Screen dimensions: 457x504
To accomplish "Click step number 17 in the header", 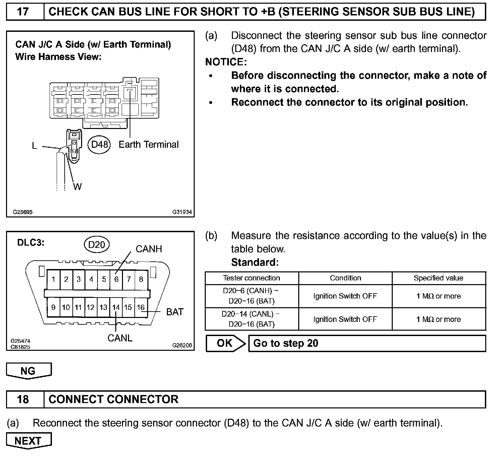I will click(x=23, y=12).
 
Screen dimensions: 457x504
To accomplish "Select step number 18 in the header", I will click(x=23, y=399).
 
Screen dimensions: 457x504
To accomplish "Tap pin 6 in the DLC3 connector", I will click(x=116, y=279).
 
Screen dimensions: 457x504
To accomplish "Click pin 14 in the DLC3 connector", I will click(x=116, y=307).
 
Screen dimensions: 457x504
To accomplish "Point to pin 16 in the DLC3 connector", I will click(x=141, y=307).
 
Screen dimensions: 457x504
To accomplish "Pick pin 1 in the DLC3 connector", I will click(x=54, y=279).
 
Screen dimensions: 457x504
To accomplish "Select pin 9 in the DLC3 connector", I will click(x=53, y=307).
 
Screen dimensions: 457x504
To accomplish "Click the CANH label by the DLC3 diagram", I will click(x=148, y=249).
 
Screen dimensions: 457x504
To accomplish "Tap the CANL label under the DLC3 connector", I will click(x=120, y=338).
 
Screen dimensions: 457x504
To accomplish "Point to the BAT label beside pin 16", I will click(x=175, y=312).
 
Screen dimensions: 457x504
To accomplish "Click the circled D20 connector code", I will click(x=97, y=245).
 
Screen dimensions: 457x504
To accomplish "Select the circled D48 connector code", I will click(x=100, y=144).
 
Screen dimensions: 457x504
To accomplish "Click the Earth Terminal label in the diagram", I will click(x=148, y=144).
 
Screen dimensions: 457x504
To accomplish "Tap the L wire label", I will click(x=34, y=146).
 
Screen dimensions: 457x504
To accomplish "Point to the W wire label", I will click(x=77, y=187).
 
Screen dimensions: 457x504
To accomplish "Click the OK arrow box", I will click(x=225, y=343).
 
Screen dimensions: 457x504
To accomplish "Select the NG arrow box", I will click(x=28, y=371).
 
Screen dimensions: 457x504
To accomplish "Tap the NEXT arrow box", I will click(x=28, y=441).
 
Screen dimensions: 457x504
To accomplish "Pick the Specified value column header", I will click(x=438, y=278).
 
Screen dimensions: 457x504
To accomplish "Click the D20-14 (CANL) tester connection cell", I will click(x=251, y=319).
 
